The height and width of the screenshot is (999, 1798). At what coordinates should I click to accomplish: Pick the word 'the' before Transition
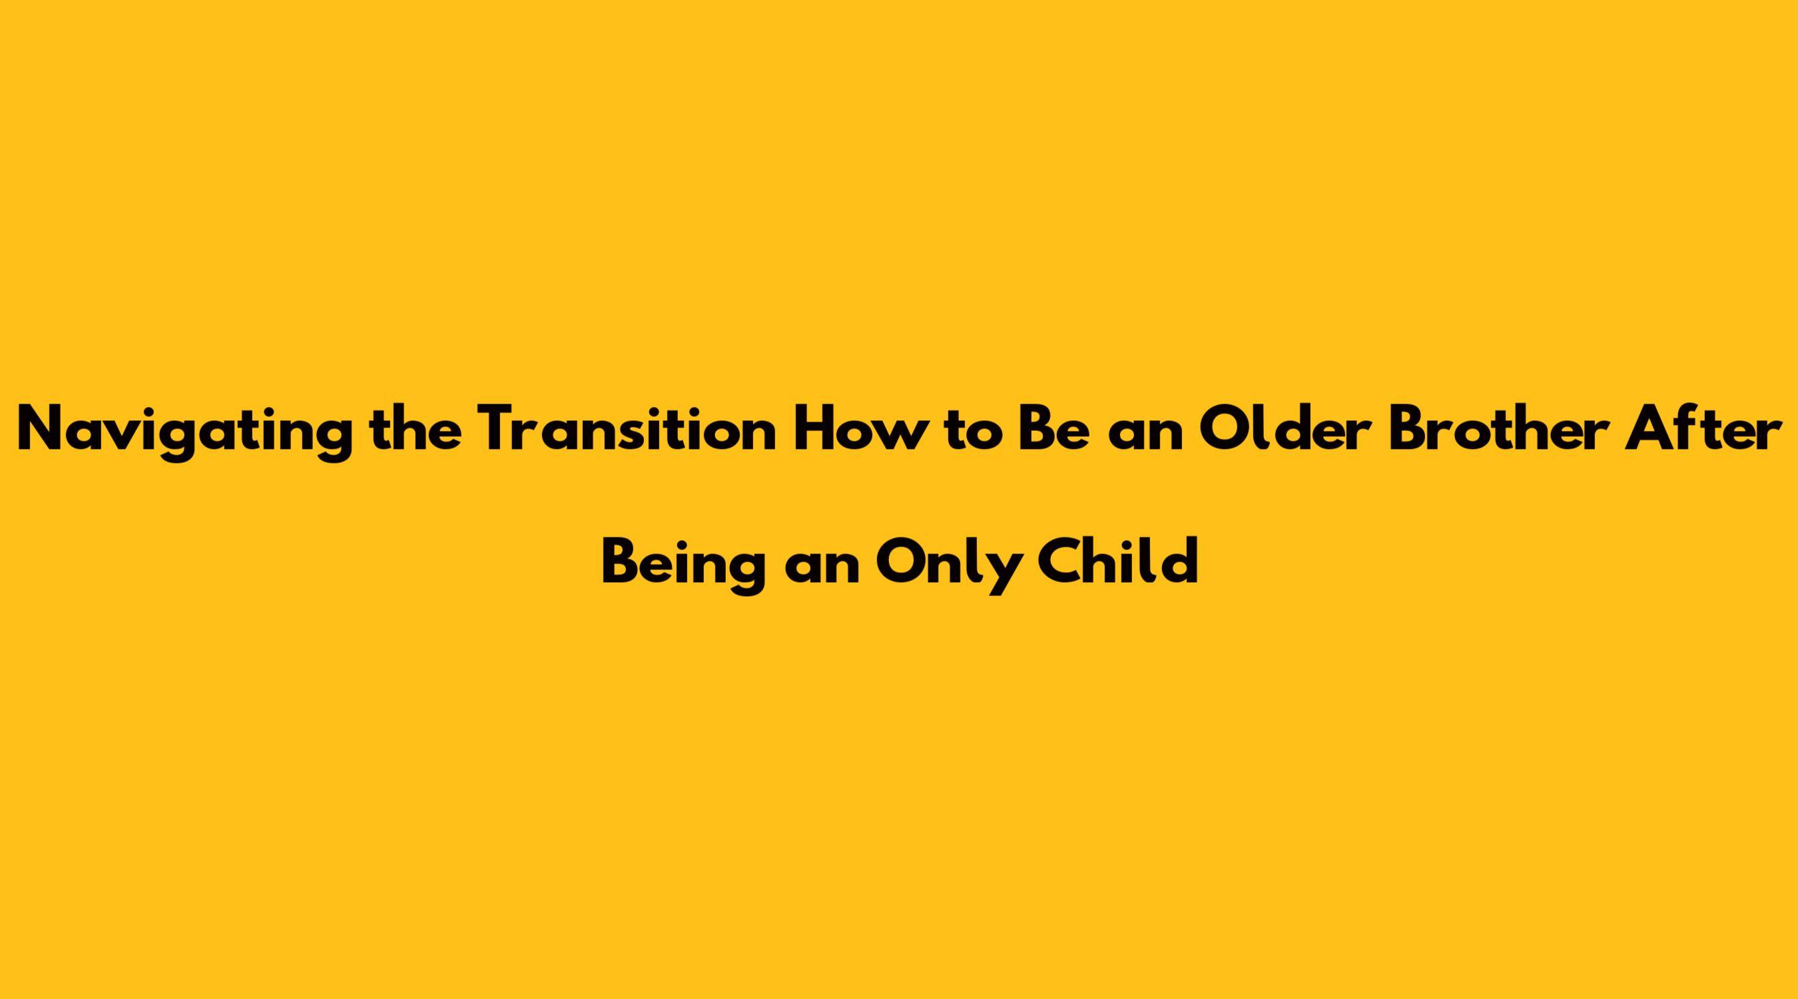416,429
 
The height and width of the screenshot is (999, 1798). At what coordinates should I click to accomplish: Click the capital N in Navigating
41,430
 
